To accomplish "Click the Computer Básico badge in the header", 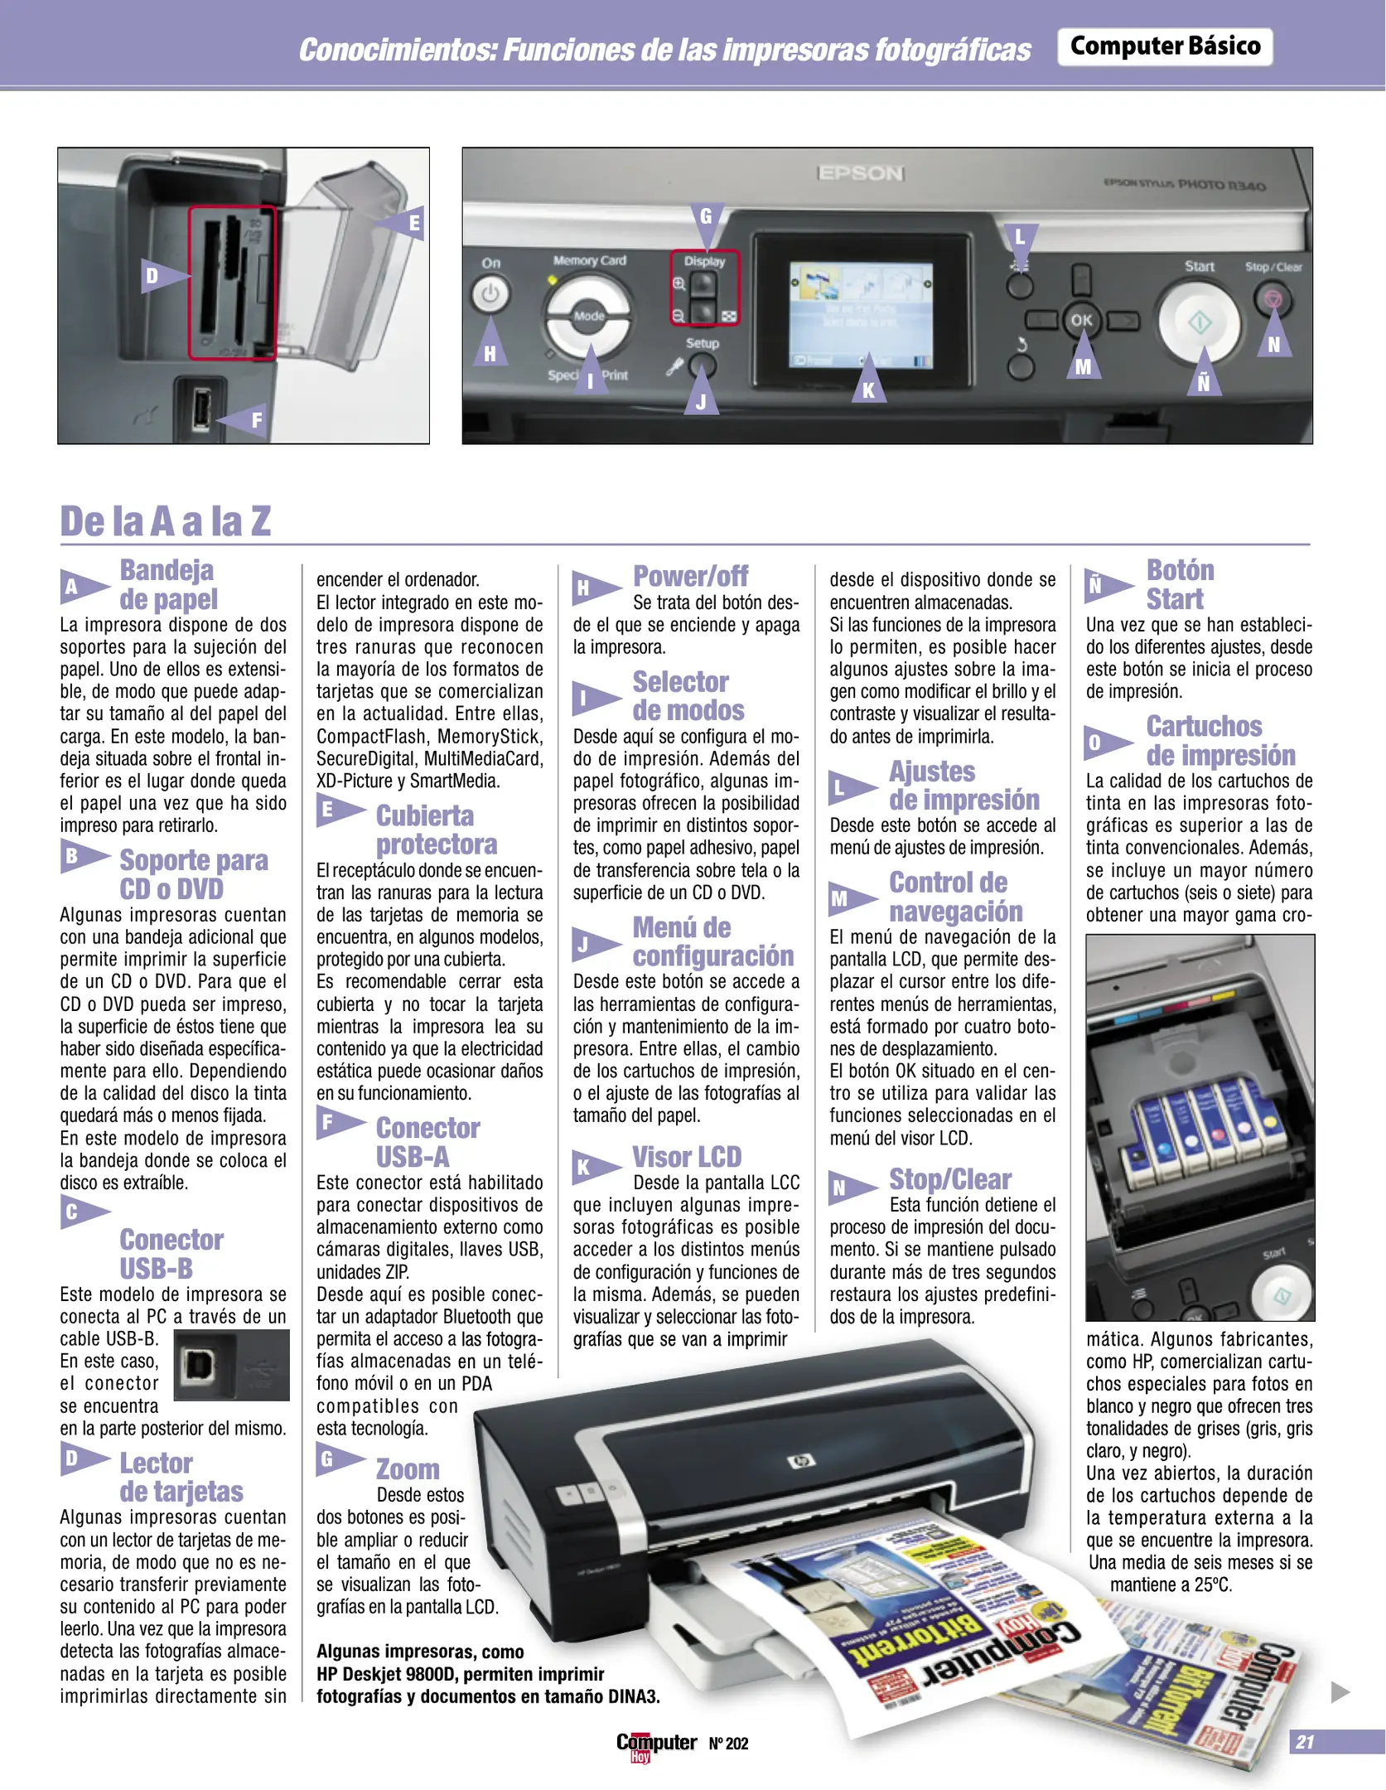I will (x=1165, y=46).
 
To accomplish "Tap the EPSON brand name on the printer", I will (x=860, y=173).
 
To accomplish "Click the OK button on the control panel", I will (x=1081, y=320).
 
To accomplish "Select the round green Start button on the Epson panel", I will (x=1199, y=322).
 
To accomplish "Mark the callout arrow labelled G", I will (x=707, y=221).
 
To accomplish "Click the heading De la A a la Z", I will (x=166, y=521).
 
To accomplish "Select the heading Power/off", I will (x=690, y=576).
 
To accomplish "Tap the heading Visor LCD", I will (x=687, y=1157).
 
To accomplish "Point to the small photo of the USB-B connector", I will (x=231, y=1365).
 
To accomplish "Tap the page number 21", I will (x=1305, y=1742).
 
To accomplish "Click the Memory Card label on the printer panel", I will (x=590, y=260).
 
